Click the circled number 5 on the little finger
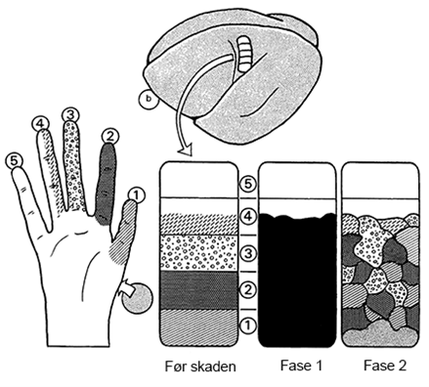15,161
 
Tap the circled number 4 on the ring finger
41,124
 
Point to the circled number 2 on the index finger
110,137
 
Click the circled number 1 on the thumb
136,195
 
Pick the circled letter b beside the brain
149,100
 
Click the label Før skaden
200,366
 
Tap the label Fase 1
301,365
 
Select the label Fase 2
385,365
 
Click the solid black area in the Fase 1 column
298,280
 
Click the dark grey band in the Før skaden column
198,290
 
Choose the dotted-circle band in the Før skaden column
198,253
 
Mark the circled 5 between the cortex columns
248,184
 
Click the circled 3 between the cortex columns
248,253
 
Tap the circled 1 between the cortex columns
248,325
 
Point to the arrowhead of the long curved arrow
185,150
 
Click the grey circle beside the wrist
137,298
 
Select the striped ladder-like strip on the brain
243,53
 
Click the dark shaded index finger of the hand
106,184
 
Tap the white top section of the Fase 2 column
380,180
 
